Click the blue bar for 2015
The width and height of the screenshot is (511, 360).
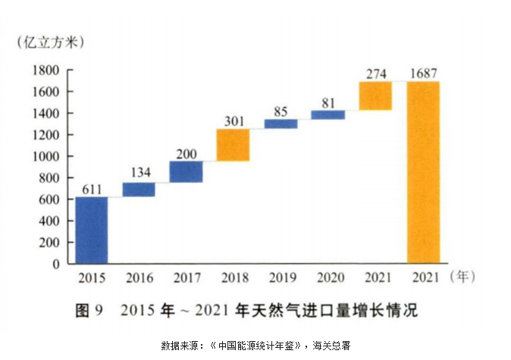[92, 230]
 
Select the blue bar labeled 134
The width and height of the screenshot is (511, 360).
[139, 189]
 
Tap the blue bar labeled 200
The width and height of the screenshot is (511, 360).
[186, 171]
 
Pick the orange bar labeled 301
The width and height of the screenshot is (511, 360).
[233, 145]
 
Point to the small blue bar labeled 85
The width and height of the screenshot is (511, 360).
[281, 124]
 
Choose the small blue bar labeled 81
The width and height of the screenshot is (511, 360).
[328, 114]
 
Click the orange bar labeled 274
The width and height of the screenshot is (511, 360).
[375, 95]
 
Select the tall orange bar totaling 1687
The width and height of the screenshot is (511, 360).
[423, 172]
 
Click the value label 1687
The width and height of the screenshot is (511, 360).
[423, 74]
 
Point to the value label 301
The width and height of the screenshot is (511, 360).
[233, 121]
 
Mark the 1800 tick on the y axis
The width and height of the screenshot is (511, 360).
[47, 70]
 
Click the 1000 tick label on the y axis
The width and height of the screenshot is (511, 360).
[47, 157]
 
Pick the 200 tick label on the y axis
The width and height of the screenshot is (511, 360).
[51, 243]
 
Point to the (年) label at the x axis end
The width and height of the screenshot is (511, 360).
[462, 277]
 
